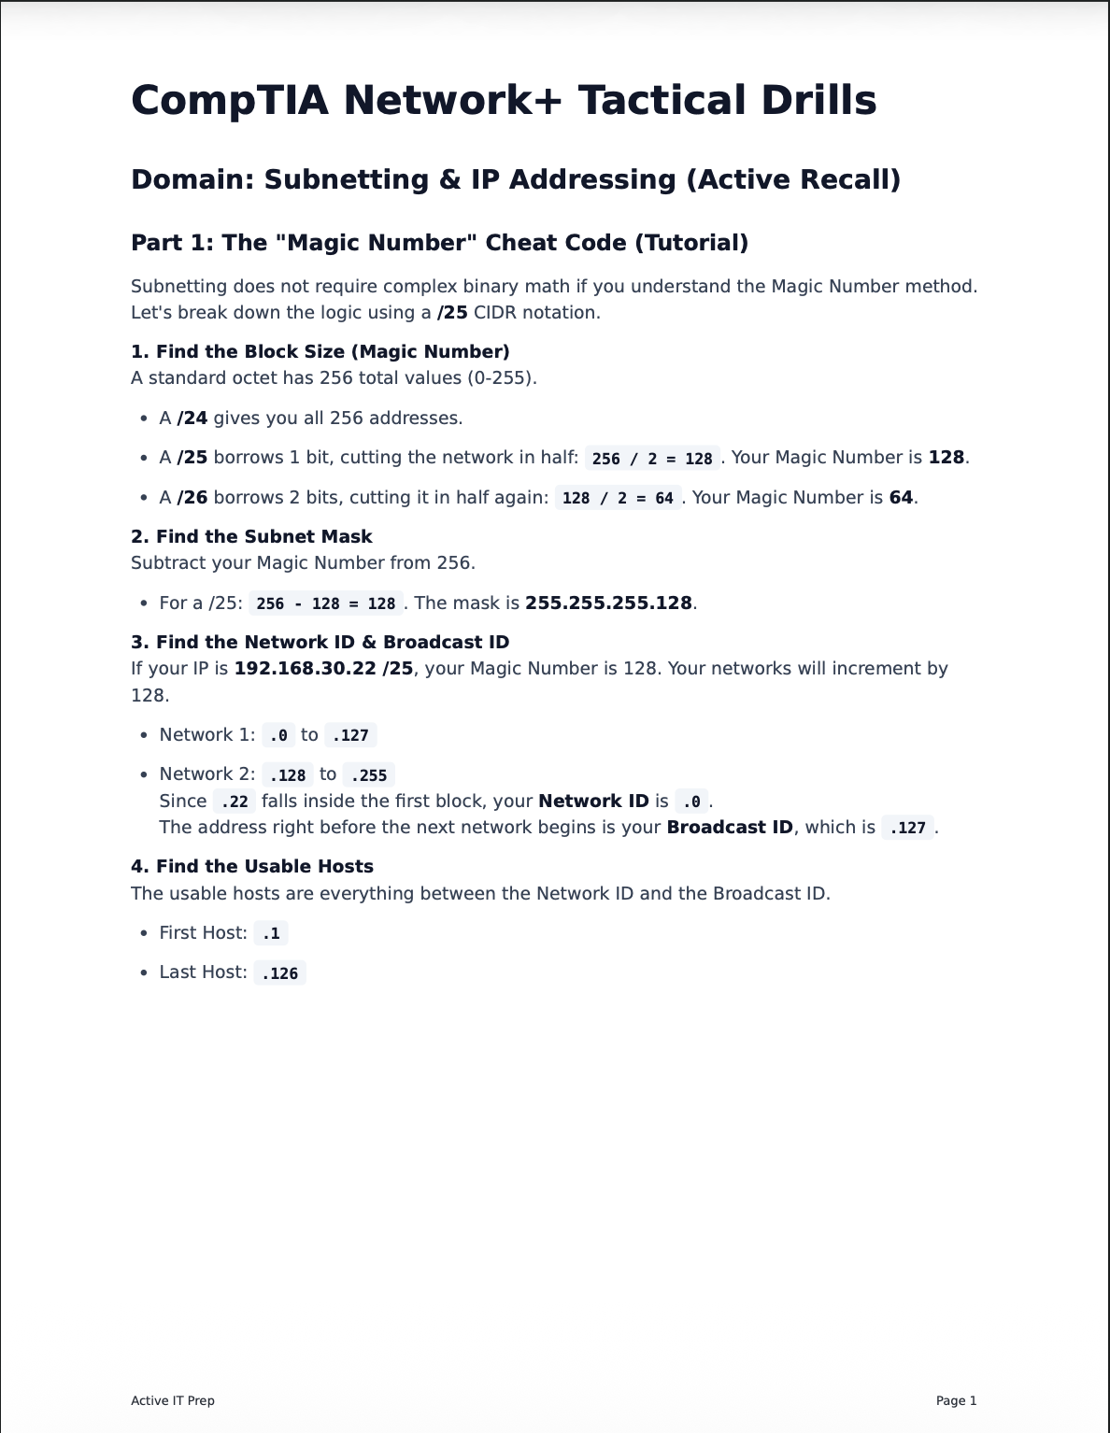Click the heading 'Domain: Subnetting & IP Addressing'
click(x=515, y=179)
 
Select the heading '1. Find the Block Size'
click(x=320, y=351)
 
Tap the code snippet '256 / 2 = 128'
click(x=651, y=459)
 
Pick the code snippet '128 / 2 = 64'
click(x=617, y=498)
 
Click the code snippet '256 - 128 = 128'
click(x=325, y=603)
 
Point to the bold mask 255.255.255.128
click(x=608, y=603)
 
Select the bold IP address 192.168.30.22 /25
click(x=323, y=668)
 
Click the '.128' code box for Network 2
click(x=287, y=775)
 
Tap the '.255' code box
click(x=368, y=775)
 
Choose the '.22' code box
click(x=234, y=802)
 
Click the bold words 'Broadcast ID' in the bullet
click(x=729, y=828)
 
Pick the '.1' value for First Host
click(x=271, y=933)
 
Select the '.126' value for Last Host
click(x=279, y=973)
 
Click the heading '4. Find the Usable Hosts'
click(x=252, y=866)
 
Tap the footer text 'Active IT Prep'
click(x=173, y=1400)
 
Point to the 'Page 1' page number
click(x=956, y=1400)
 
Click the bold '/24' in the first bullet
click(x=192, y=418)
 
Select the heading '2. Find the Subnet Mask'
click(x=251, y=536)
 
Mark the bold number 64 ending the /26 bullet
click(x=901, y=497)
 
